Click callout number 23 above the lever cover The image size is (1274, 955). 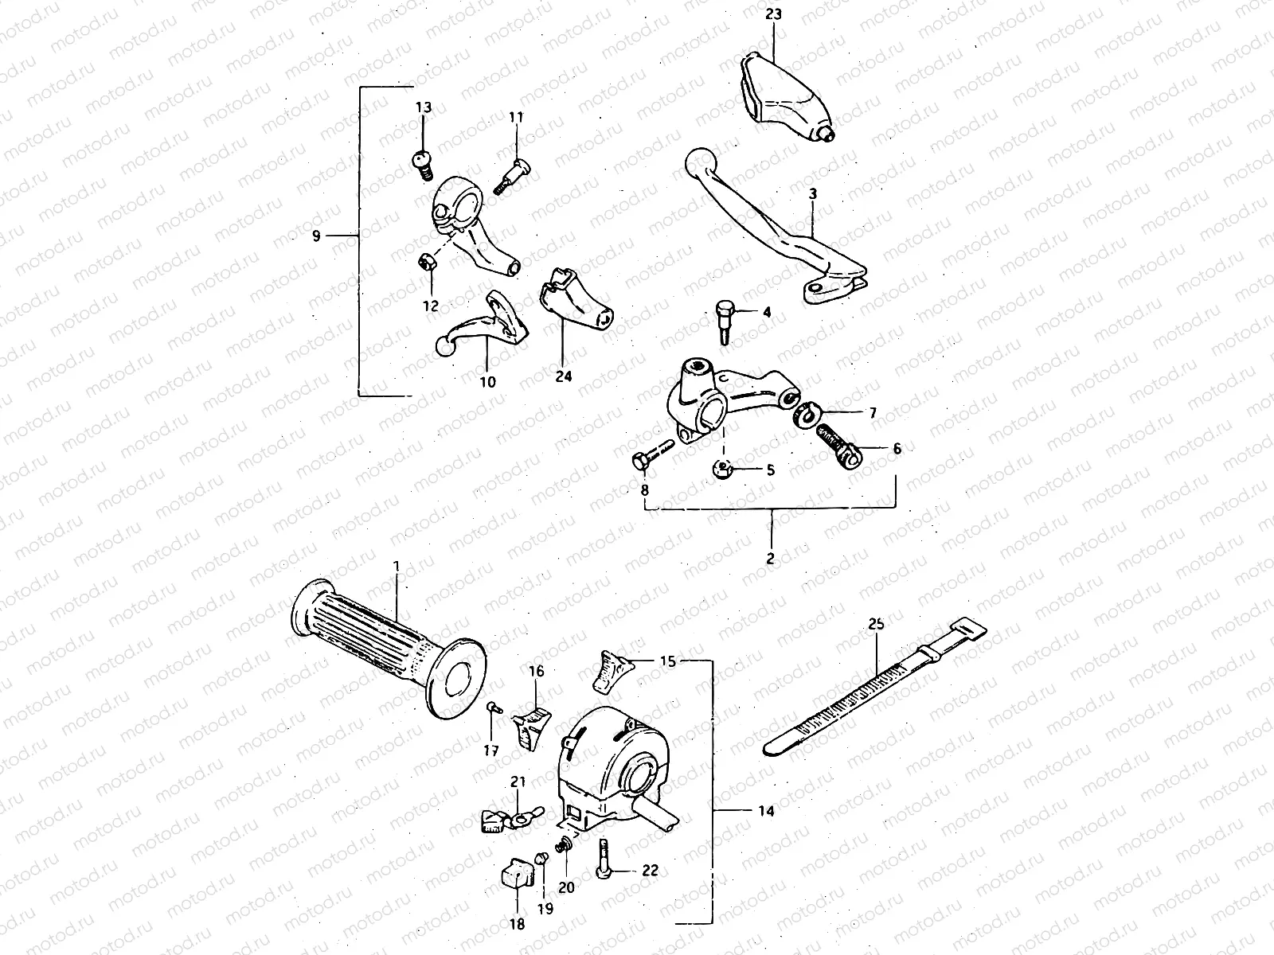point(774,14)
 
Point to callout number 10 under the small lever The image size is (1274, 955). point(488,381)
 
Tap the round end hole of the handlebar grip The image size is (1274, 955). point(459,678)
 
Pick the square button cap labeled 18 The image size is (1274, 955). point(516,879)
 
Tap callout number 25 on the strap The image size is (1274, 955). point(876,626)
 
